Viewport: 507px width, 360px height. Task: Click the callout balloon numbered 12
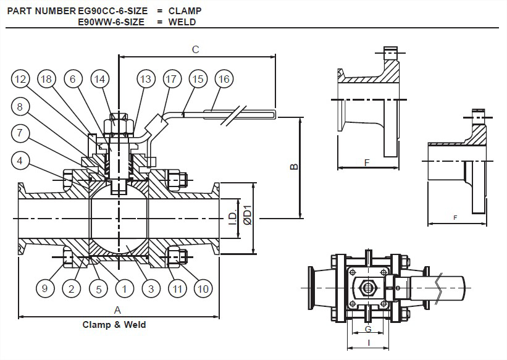click(20, 79)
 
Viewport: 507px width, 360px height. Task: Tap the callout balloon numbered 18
click(46, 79)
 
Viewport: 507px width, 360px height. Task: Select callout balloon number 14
click(99, 79)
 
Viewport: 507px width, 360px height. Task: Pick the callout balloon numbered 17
click(171, 79)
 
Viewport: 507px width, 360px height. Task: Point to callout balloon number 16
click(224, 79)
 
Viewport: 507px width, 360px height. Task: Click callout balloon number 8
click(20, 107)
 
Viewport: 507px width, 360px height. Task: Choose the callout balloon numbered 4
click(20, 161)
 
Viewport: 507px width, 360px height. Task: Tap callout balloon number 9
click(45, 288)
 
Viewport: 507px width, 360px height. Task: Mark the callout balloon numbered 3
click(151, 288)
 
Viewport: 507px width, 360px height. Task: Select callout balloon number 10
click(203, 288)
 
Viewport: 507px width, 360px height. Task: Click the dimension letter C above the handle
click(196, 49)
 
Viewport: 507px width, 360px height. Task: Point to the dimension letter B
click(294, 167)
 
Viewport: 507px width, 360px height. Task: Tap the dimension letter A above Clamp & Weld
click(117, 310)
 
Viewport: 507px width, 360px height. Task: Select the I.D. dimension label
click(233, 219)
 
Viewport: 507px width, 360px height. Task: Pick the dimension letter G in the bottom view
click(368, 329)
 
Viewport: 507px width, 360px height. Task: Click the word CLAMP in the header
click(185, 10)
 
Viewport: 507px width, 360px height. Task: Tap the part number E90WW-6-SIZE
click(111, 22)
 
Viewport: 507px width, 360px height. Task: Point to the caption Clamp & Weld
click(114, 324)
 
